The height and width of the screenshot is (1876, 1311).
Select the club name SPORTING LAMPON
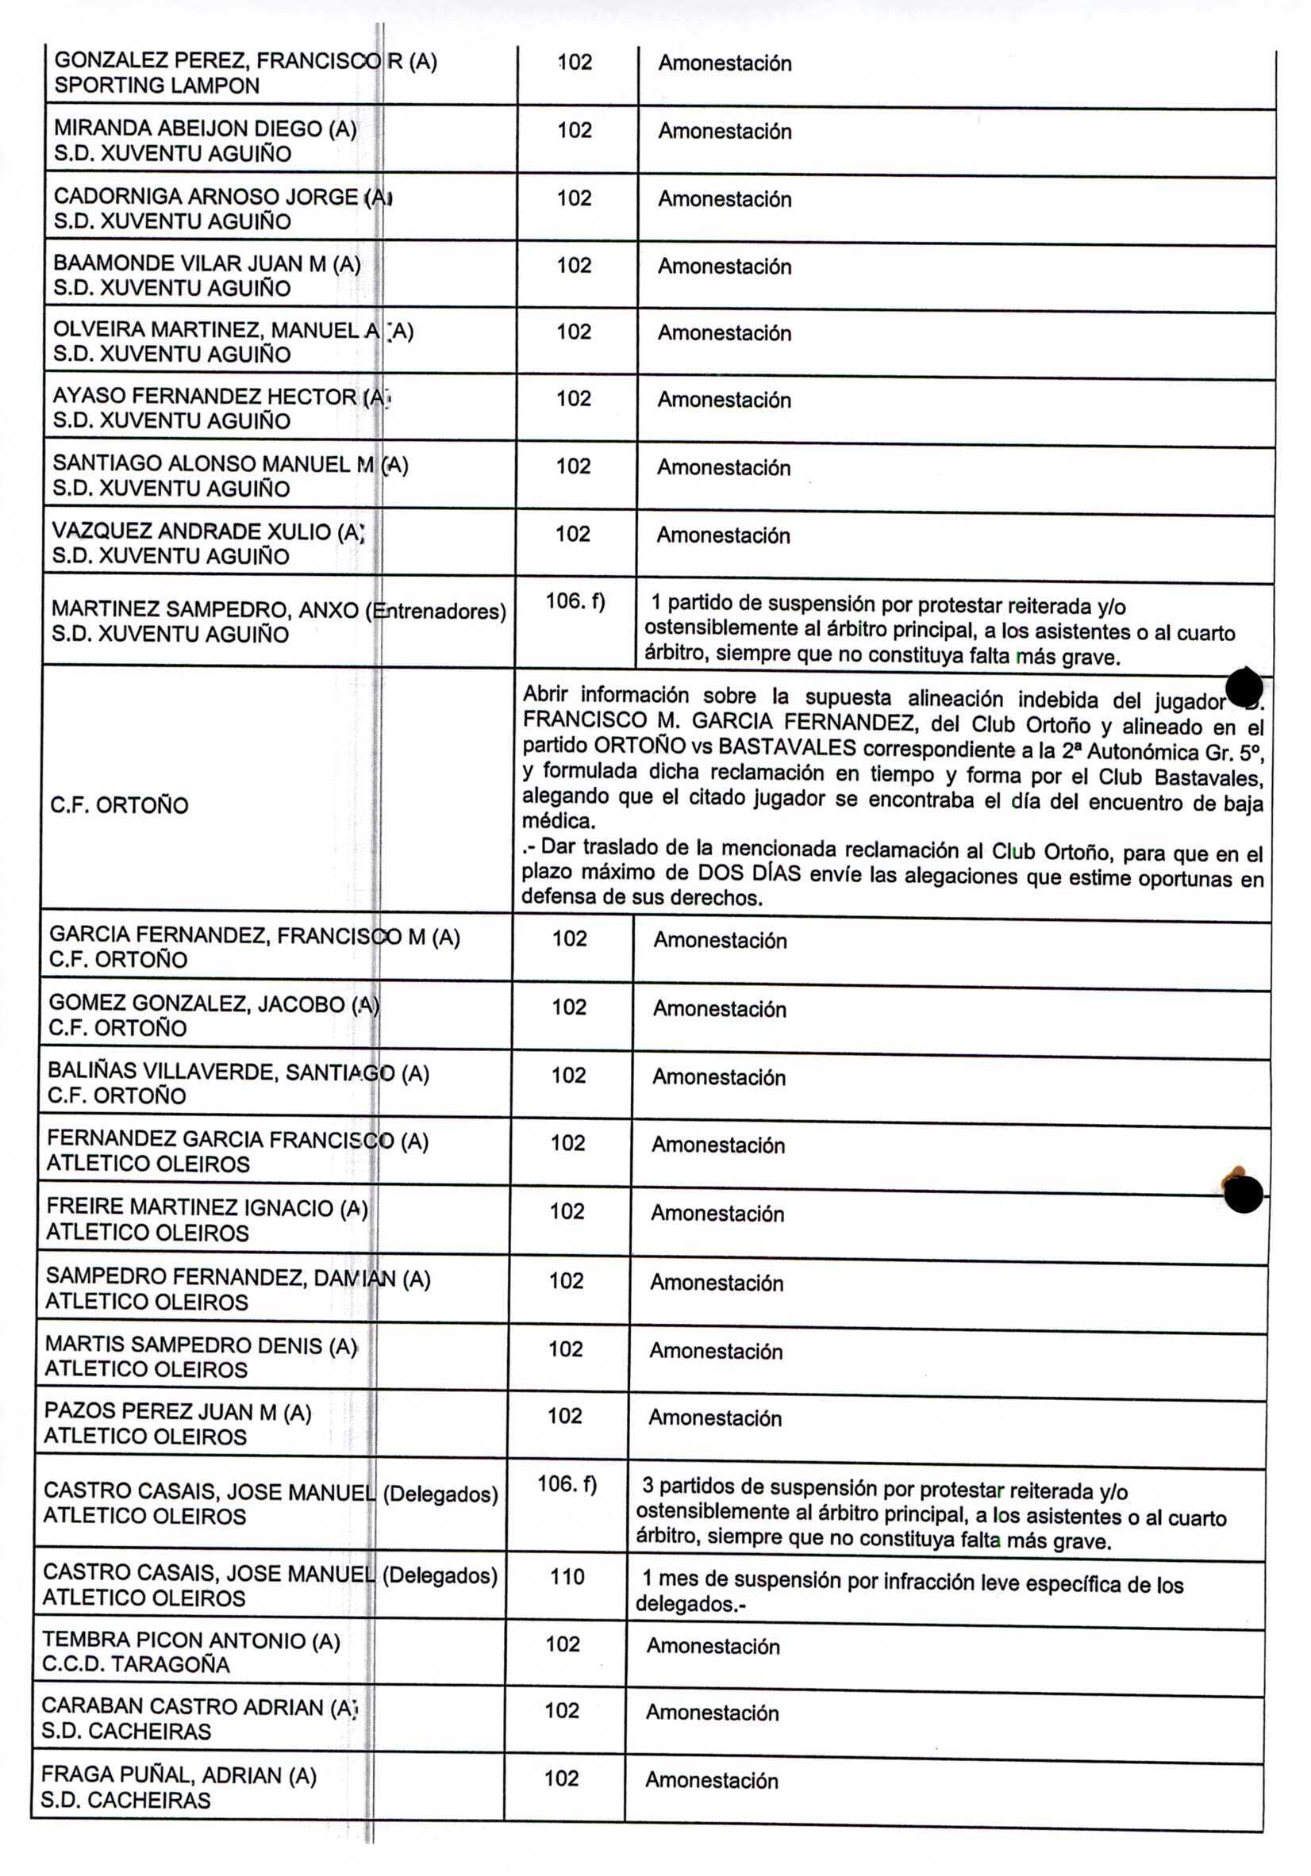[156, 86]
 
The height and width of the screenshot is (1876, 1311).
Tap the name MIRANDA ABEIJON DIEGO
[188, 129]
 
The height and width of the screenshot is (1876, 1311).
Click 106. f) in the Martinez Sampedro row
[575, 601]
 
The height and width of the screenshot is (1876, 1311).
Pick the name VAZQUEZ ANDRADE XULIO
[191, 531]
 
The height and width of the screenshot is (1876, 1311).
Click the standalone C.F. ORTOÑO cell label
[119, 806]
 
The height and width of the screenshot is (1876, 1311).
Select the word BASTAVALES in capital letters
[786, 747]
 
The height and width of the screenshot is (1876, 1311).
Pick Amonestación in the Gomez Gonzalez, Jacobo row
[718, 1009]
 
